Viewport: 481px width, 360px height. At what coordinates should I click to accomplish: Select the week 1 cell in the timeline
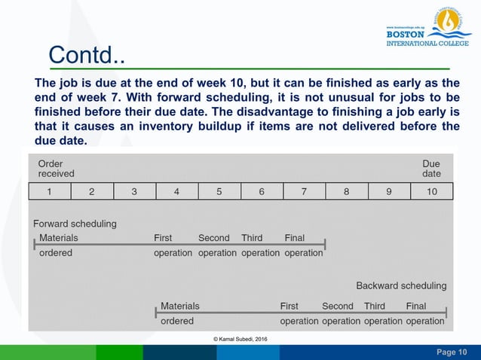click(49, 191)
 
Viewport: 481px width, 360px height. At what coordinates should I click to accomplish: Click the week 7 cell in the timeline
click(304, 191)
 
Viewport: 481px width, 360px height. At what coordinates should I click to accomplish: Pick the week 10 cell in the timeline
click(431, 191)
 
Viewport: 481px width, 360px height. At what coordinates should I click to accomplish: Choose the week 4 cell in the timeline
click(176, 191)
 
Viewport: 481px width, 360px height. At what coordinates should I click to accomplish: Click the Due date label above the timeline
click(431, 168)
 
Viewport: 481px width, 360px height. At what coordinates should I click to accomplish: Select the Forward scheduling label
click(75, 224)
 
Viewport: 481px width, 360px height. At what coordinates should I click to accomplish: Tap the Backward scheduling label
click(401, 285)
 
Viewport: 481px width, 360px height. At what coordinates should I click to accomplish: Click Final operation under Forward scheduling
click(304, 246)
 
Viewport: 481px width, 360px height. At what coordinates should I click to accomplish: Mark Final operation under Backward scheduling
click(425, 313)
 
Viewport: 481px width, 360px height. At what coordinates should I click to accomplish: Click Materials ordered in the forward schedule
click(57, 246)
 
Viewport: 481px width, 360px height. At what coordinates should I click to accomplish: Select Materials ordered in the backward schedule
click(179, 313)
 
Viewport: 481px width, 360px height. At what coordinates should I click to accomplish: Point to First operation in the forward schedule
click(173, 246)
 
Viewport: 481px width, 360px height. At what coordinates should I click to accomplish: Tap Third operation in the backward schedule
click(383, 313)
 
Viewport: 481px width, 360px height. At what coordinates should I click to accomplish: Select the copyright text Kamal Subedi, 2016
click(240, 340)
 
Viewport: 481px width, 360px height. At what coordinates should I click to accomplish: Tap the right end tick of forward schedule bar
click(325, 244)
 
